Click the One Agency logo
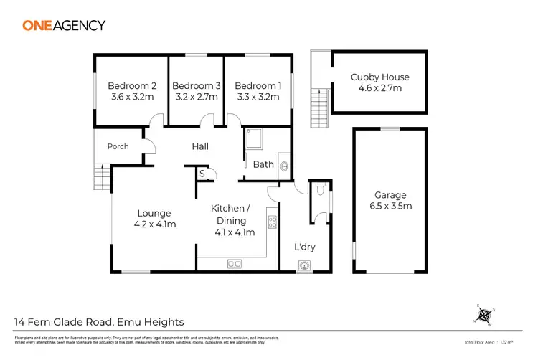(x=64, y=25)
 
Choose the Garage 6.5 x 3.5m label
(x=390, y=200)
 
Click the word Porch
(x=118, y=146)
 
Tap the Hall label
(x=200, y=146)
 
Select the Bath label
(x=263, y=164)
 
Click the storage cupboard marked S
(x=202, y=174)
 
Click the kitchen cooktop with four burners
(x=272, y=222)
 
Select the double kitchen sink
(x=235, y=264)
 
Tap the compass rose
(x=486, y=315)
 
